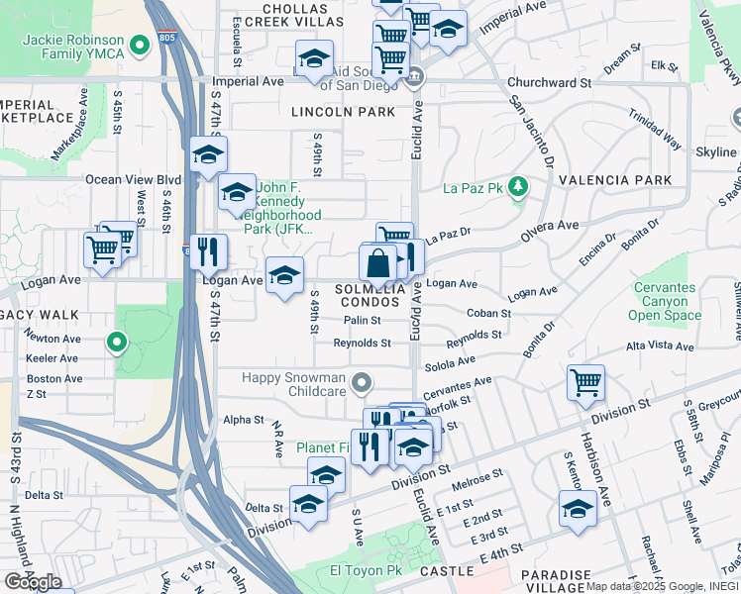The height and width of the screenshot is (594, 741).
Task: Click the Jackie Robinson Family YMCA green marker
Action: pyautogui.click(x=141, y=44)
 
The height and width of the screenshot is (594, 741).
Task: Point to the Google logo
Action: pyautogui.click(x=33, y=582)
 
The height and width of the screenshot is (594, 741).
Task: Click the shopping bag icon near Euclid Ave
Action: pyautogui.click(x=378, y=265)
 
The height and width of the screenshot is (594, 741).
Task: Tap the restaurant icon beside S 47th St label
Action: pyautogui.click(x=208, y=252)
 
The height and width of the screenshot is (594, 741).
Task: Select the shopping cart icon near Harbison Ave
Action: pyautogui.click(x=585, y=381)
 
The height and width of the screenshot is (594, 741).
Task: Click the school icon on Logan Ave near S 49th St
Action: pyautogui.click(x=284, y=275)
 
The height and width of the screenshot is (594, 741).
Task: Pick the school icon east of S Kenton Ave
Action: pyautogui.click(x=578, y=509)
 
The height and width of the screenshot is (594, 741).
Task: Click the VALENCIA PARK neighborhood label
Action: pyautogui.click(x=615, y=180)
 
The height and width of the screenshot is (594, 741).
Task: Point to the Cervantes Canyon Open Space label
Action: pyautogui.click(x=682, y=302)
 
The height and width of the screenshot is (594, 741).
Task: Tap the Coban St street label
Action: pyautogui.click(x=488, y=313)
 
